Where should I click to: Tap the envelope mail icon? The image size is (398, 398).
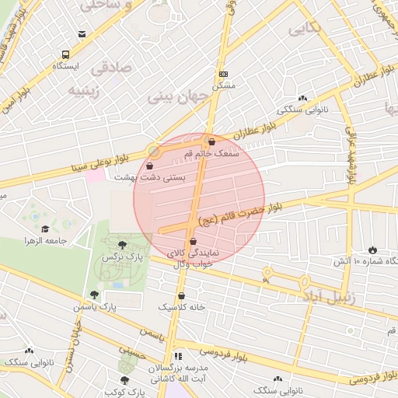[x=82, y=33]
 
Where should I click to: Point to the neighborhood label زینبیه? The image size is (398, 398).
[x=86, y=89]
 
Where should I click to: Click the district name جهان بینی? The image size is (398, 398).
[x=174, y=98]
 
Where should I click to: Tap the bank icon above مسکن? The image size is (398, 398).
[x=224, y=73]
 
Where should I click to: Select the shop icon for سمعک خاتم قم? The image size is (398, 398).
[x=211, y=141]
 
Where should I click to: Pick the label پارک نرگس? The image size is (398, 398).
[x=124, y=257]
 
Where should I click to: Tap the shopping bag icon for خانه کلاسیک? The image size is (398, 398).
[x=181, y=295]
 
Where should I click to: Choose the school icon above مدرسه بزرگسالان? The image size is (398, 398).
[x=178, y=355]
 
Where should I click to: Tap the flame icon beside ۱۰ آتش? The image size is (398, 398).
[x=374, y=250]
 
